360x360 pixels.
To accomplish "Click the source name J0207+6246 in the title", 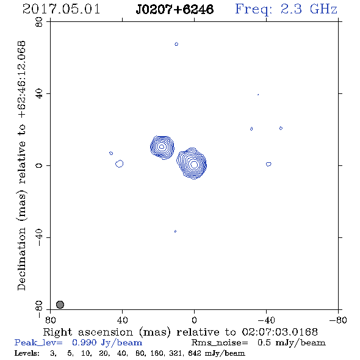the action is pos(175,9).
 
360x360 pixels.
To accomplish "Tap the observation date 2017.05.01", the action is pos(61,9).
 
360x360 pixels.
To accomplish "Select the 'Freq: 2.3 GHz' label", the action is pos(286,10).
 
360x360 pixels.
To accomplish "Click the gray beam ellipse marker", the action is pos(60,304).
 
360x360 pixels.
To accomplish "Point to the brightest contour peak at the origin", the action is pos(194,164).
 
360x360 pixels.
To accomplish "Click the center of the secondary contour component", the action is pos(162,147).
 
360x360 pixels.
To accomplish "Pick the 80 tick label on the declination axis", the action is pos(39,22).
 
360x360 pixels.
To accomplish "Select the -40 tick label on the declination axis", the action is pos(39,237).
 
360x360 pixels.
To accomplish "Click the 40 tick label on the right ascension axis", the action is pos(122,320).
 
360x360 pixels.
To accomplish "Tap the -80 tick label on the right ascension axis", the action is pos(338,320).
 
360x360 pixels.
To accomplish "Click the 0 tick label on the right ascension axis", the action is pos(194,320).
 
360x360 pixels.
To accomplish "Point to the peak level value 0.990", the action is pos(84,342).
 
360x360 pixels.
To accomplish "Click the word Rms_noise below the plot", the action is pos(219,343).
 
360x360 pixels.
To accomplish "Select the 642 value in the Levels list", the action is pos(195,353).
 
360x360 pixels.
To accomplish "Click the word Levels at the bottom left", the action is pos(27,353).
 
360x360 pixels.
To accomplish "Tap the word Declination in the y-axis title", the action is pos(21,259).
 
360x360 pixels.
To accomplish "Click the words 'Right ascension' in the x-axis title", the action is pos(88,332).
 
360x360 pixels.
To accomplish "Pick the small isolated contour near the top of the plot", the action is pos(176,44).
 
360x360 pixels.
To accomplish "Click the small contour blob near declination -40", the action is pos(175,231).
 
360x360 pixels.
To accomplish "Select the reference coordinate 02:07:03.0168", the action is pos(280,332).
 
